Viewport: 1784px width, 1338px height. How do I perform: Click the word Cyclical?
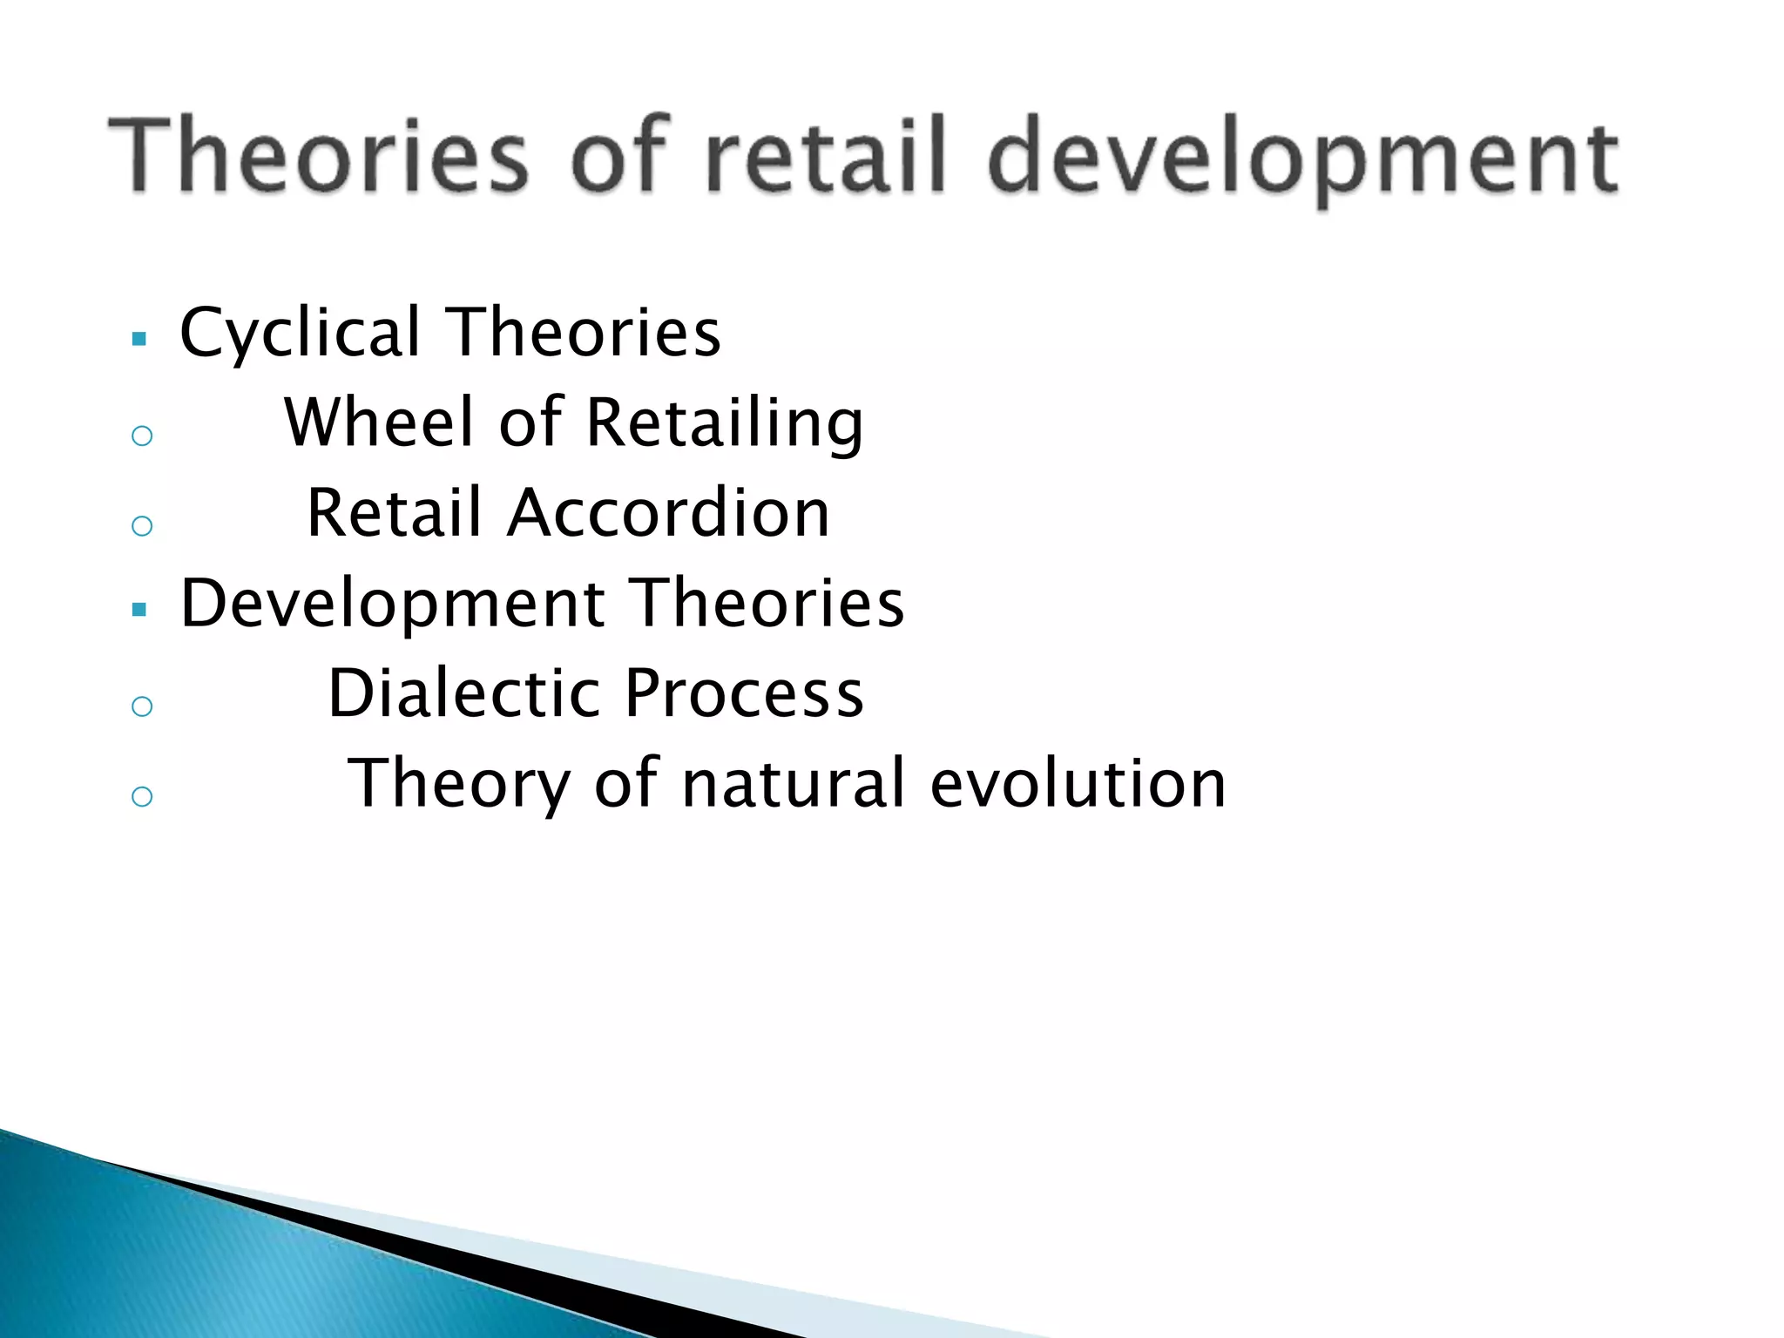click(x=301, y=334)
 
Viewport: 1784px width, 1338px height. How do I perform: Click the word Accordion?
click(x=668, y=513)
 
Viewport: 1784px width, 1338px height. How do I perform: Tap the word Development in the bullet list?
click(x=393, y=605)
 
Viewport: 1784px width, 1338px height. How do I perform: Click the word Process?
click(x=745, y=693)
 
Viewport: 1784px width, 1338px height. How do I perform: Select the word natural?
click(x=794, y=783)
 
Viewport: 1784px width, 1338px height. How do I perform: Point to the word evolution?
click(x=1078, y=783)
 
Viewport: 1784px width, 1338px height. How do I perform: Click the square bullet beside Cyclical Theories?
click(x=139, y=339)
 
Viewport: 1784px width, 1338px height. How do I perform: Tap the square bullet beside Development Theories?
click(x=139, y=610)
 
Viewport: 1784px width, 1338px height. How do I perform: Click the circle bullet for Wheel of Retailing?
click(x=142, y=436)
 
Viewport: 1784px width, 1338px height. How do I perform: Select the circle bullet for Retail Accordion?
click(x=142, y=525)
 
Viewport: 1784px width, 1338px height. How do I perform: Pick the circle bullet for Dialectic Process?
click(x=142, y=706)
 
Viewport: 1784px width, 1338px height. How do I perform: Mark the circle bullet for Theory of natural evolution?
click(x=142, y=795)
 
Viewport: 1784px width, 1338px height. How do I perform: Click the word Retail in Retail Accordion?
click(x=395, y=513)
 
